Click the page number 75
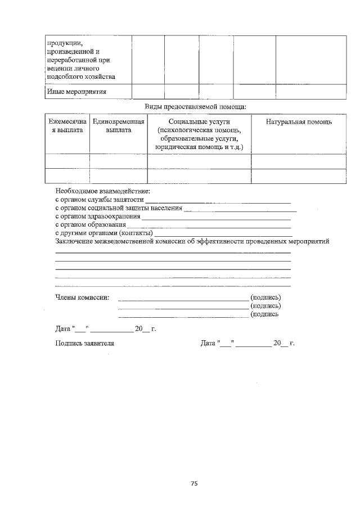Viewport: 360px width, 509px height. [193, 483]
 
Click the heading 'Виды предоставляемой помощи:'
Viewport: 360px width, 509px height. [195, 106]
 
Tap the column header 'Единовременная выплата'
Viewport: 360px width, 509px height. [119, 125]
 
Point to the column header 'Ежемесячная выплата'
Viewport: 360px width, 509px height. [67, 125]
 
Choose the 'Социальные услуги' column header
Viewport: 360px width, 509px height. [199, 121]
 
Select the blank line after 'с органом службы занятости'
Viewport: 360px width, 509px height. [218, 200]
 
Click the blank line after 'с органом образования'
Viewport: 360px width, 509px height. [209, 224]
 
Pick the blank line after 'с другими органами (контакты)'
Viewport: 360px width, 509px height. [223, 233]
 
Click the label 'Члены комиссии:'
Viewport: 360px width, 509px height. [83, 297]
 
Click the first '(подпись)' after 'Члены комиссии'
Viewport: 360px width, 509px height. [265, 297]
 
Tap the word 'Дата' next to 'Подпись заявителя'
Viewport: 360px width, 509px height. [208, 343]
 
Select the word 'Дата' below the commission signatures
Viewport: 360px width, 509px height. [63, 328]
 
